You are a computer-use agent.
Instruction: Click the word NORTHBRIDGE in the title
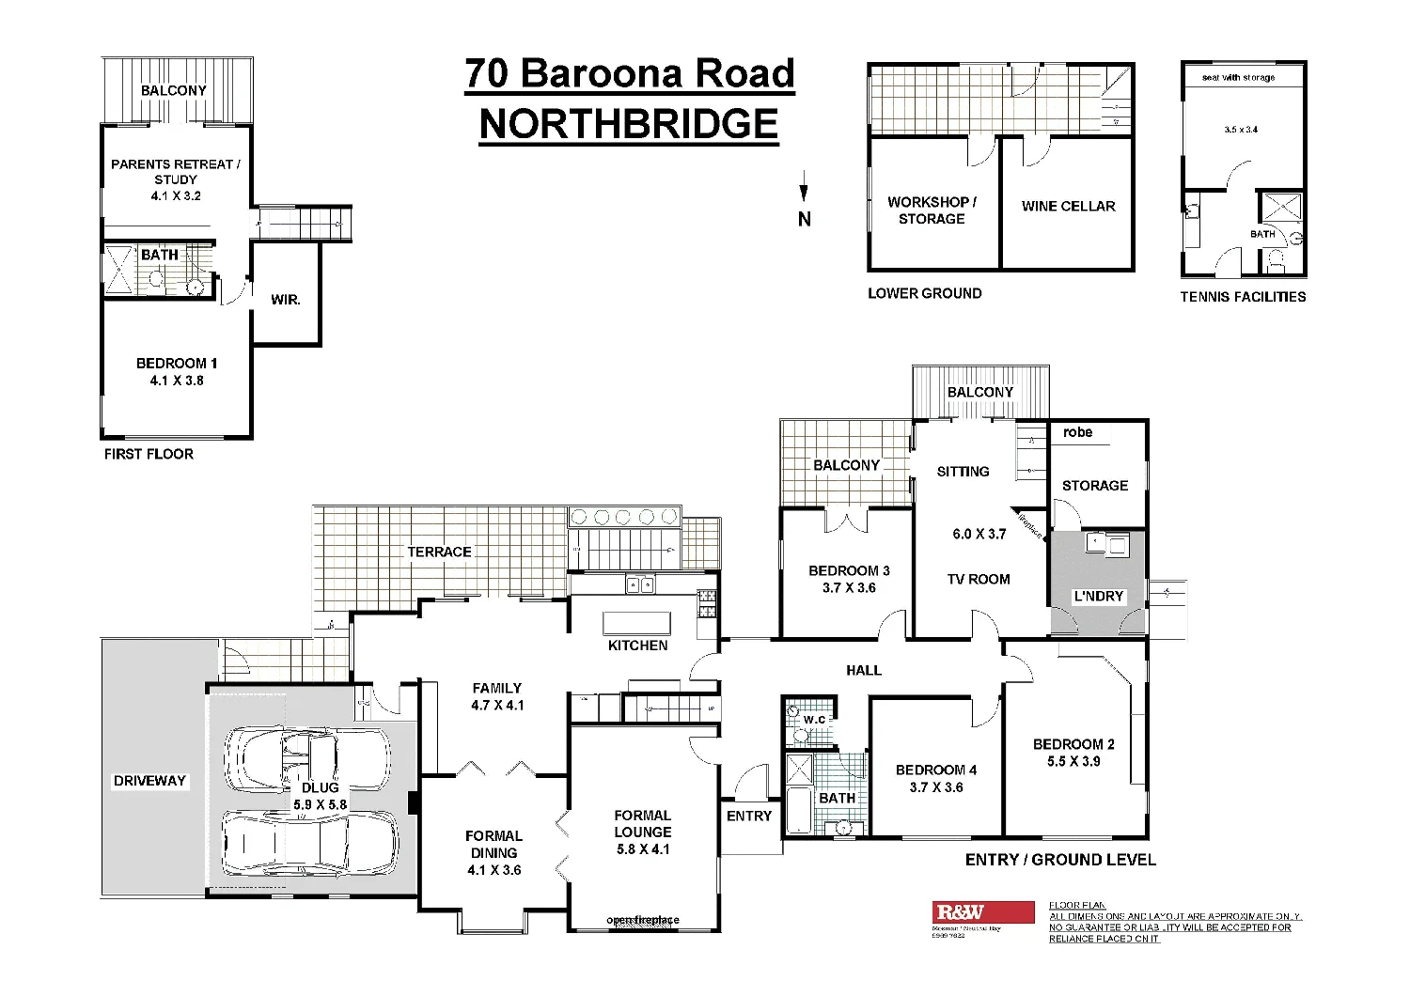(x=629, y=125)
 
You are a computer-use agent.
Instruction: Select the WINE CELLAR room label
(x=1068, y=206)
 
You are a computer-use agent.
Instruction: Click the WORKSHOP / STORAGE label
(x=932, y=210)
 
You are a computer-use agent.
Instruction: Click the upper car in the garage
(x=306, y=759)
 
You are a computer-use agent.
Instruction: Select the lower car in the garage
(x=309, y=843)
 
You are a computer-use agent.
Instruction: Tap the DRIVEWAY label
(x=149, y=781)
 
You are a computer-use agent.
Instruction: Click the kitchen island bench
(x=637, y=623)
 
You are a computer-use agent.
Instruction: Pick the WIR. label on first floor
(x=285, y=300)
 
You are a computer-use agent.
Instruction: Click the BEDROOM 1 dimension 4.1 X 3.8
(x=177, y=381)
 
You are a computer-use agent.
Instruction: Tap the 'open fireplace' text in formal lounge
(x=643, y=920)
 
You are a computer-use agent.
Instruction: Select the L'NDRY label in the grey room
(x=1098, y=596)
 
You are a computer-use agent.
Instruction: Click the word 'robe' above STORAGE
(x=1077, y=432)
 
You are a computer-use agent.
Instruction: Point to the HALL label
(x=863, y=670)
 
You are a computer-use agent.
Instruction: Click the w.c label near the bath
(x=814, y=720)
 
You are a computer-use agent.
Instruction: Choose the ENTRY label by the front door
(x=748, y=816)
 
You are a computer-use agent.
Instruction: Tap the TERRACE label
(x=439, y=552)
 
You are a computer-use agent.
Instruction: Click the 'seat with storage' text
(x=1238, y=77)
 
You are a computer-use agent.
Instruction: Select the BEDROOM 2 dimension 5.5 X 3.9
(x=1073, y=761)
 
